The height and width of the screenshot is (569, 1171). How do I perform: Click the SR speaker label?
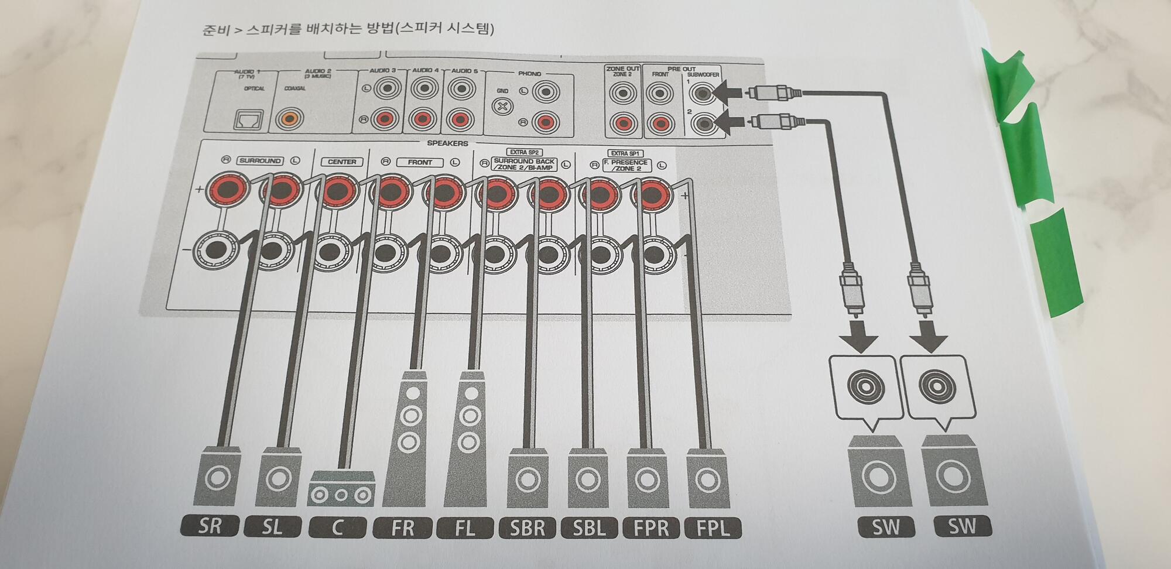[210, 526]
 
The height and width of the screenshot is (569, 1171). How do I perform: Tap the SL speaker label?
[272, 527]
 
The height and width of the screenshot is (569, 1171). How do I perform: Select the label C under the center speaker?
[337, 527]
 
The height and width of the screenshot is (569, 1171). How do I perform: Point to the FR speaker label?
[403, 528]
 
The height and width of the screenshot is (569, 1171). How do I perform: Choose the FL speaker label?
[465, 528]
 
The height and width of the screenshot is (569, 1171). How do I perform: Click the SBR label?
[528, 528]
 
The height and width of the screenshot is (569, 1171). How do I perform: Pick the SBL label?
[590, 528]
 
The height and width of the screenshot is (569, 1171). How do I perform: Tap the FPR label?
[651, 528]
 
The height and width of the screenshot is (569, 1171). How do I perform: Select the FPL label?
[713, 528]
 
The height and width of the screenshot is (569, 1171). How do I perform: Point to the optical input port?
[248, 119]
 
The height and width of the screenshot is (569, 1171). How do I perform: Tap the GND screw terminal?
[502, 107]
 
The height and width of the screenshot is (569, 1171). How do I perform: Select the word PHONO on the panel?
[529, 74]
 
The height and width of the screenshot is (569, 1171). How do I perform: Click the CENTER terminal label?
[342, 162]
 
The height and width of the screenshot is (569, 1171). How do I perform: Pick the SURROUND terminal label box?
[260, 160]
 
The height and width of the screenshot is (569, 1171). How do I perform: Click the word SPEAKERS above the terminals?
[447, 143]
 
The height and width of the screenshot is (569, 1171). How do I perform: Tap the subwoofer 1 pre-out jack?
[703, 92]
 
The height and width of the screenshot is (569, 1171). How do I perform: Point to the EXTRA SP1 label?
[625, 153]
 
